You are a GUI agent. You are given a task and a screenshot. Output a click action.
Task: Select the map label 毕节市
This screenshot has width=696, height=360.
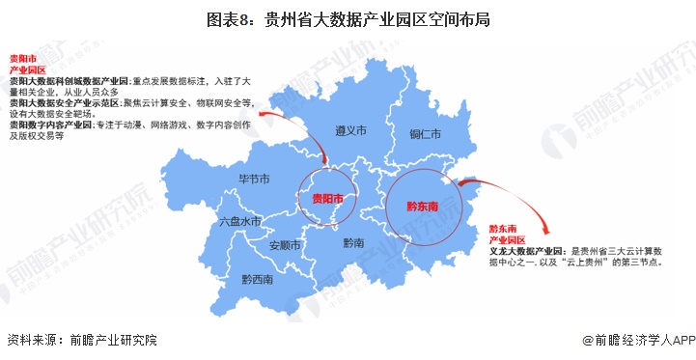point(254,180)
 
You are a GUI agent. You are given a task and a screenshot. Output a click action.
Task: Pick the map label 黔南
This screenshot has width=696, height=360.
point(354,243)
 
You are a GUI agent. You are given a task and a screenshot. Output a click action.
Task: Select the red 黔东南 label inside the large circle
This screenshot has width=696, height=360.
point(422,207)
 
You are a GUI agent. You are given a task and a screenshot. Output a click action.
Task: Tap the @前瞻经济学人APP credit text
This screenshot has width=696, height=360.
point(637,340)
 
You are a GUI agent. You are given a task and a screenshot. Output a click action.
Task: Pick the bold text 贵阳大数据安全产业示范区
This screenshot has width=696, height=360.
point(63,101)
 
